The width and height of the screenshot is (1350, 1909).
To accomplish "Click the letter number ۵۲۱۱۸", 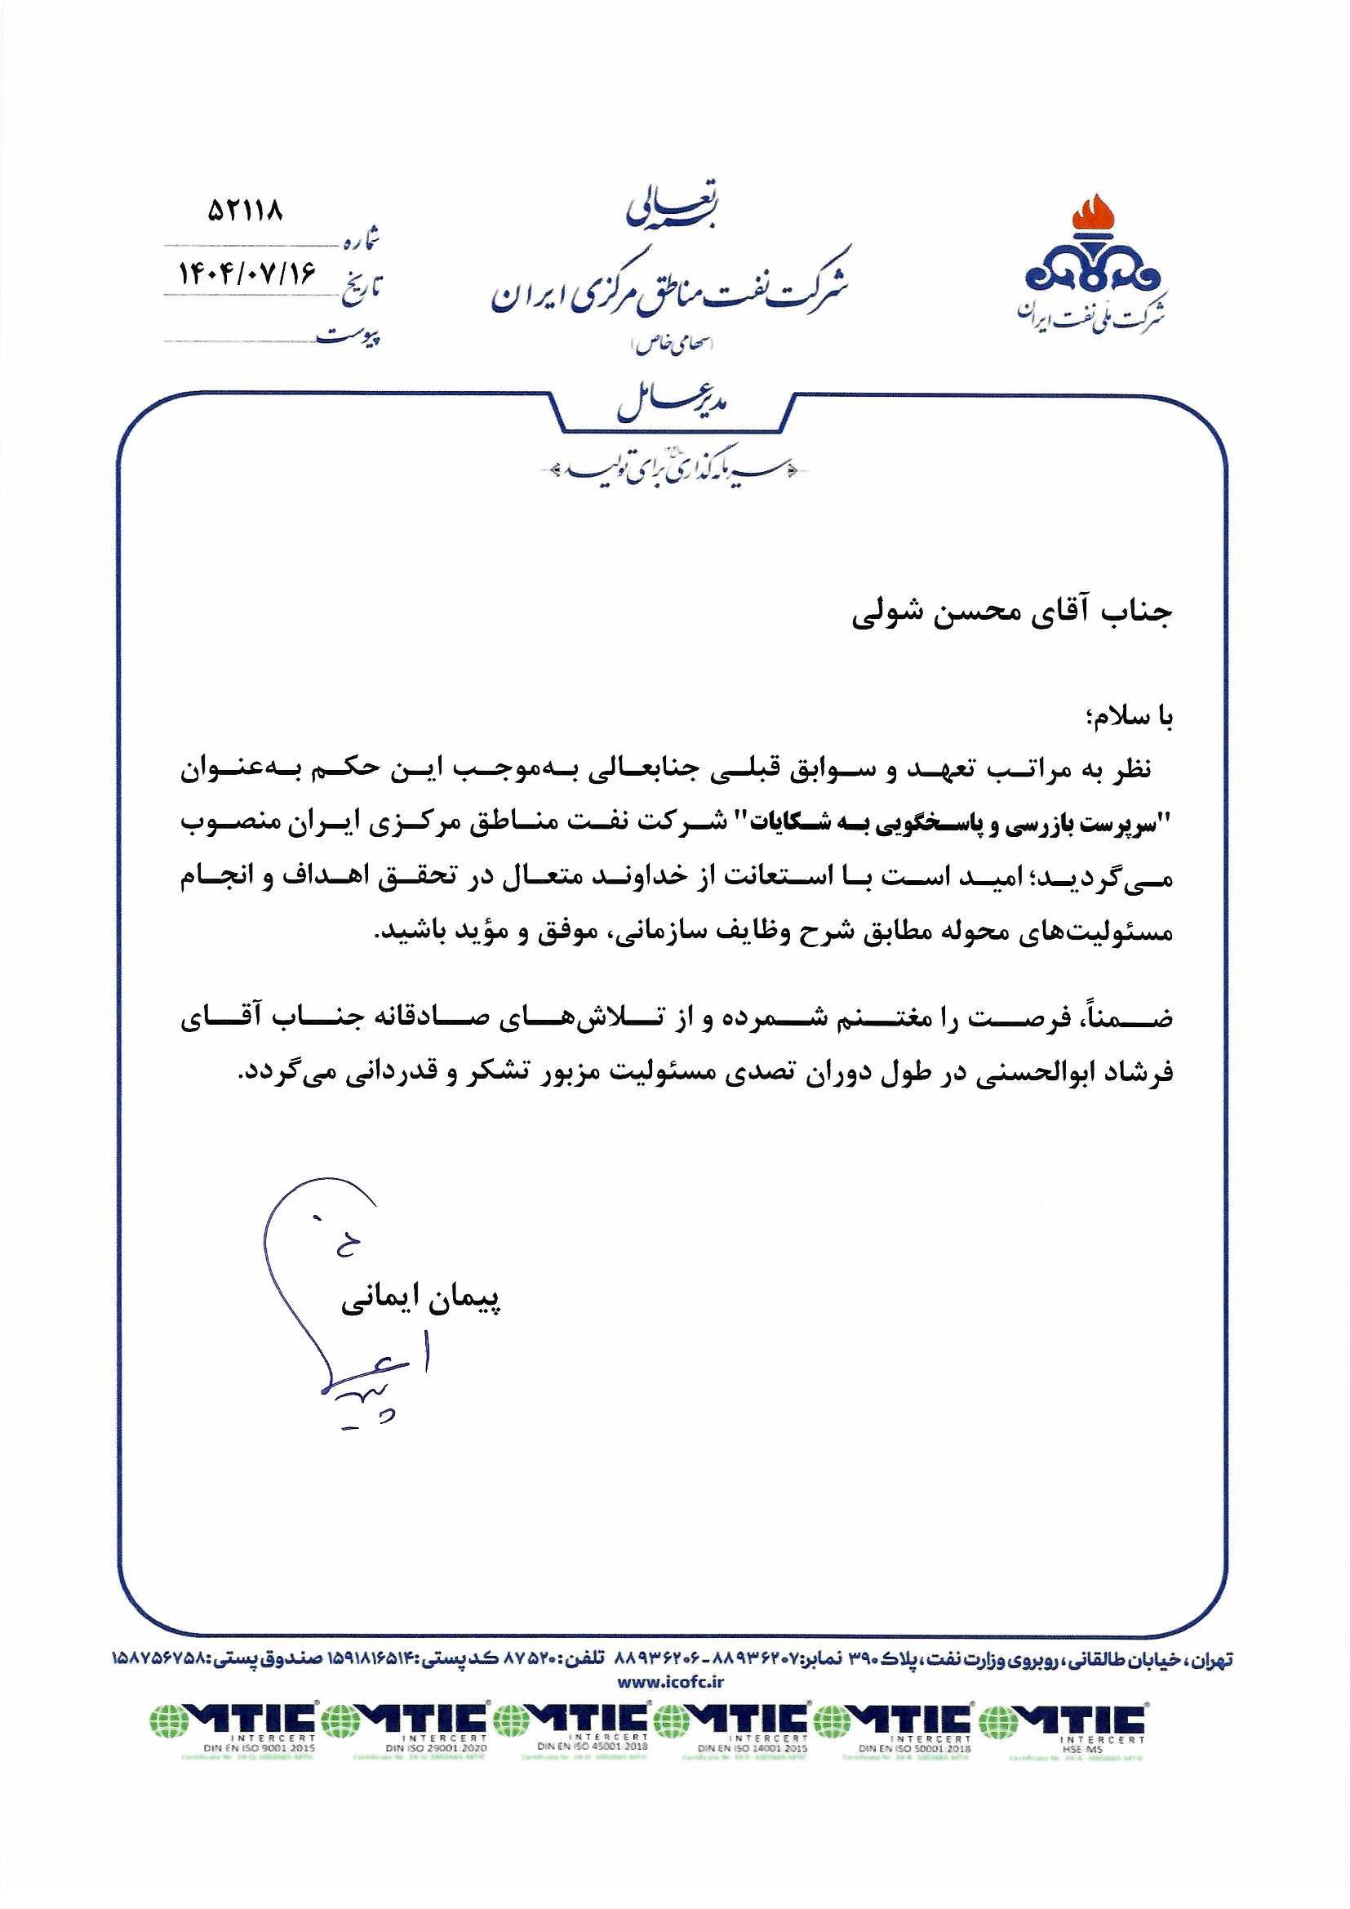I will click(x=245, y=211).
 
